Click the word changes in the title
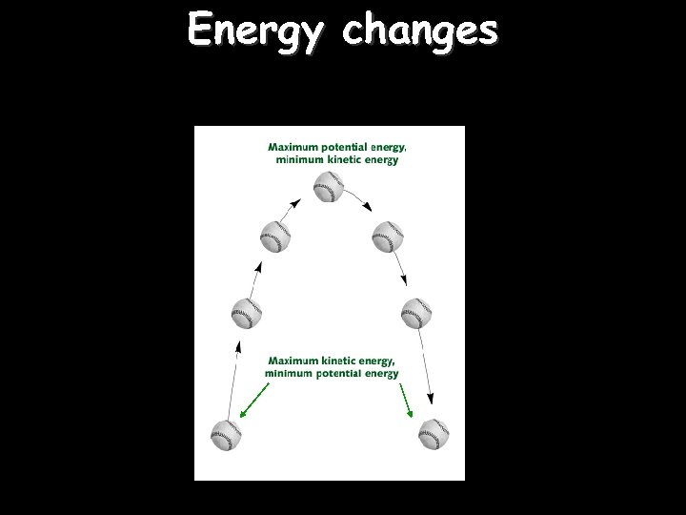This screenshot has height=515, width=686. tap(420, 30)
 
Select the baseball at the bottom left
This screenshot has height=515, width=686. tap(225, 435)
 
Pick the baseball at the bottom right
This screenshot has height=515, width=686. tap(434, 435)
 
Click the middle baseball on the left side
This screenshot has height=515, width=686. tap(247, 313)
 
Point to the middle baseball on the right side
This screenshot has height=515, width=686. tap(416, 313)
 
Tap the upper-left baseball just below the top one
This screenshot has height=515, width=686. tap(274, 237)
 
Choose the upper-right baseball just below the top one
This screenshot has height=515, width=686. tap(388, 237)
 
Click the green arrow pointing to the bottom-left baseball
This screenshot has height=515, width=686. tap(253, 401)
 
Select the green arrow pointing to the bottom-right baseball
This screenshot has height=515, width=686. tap(405, 401)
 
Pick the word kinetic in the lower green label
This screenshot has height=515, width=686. tap(337, 360)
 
